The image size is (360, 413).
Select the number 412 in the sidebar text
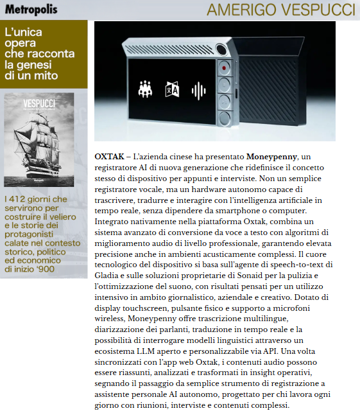(x=21, y=200)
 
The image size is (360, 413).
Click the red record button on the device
(x=224, y=67)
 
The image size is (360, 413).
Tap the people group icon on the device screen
(x=145, y=89)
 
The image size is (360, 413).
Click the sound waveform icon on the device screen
(x=200, y=89)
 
